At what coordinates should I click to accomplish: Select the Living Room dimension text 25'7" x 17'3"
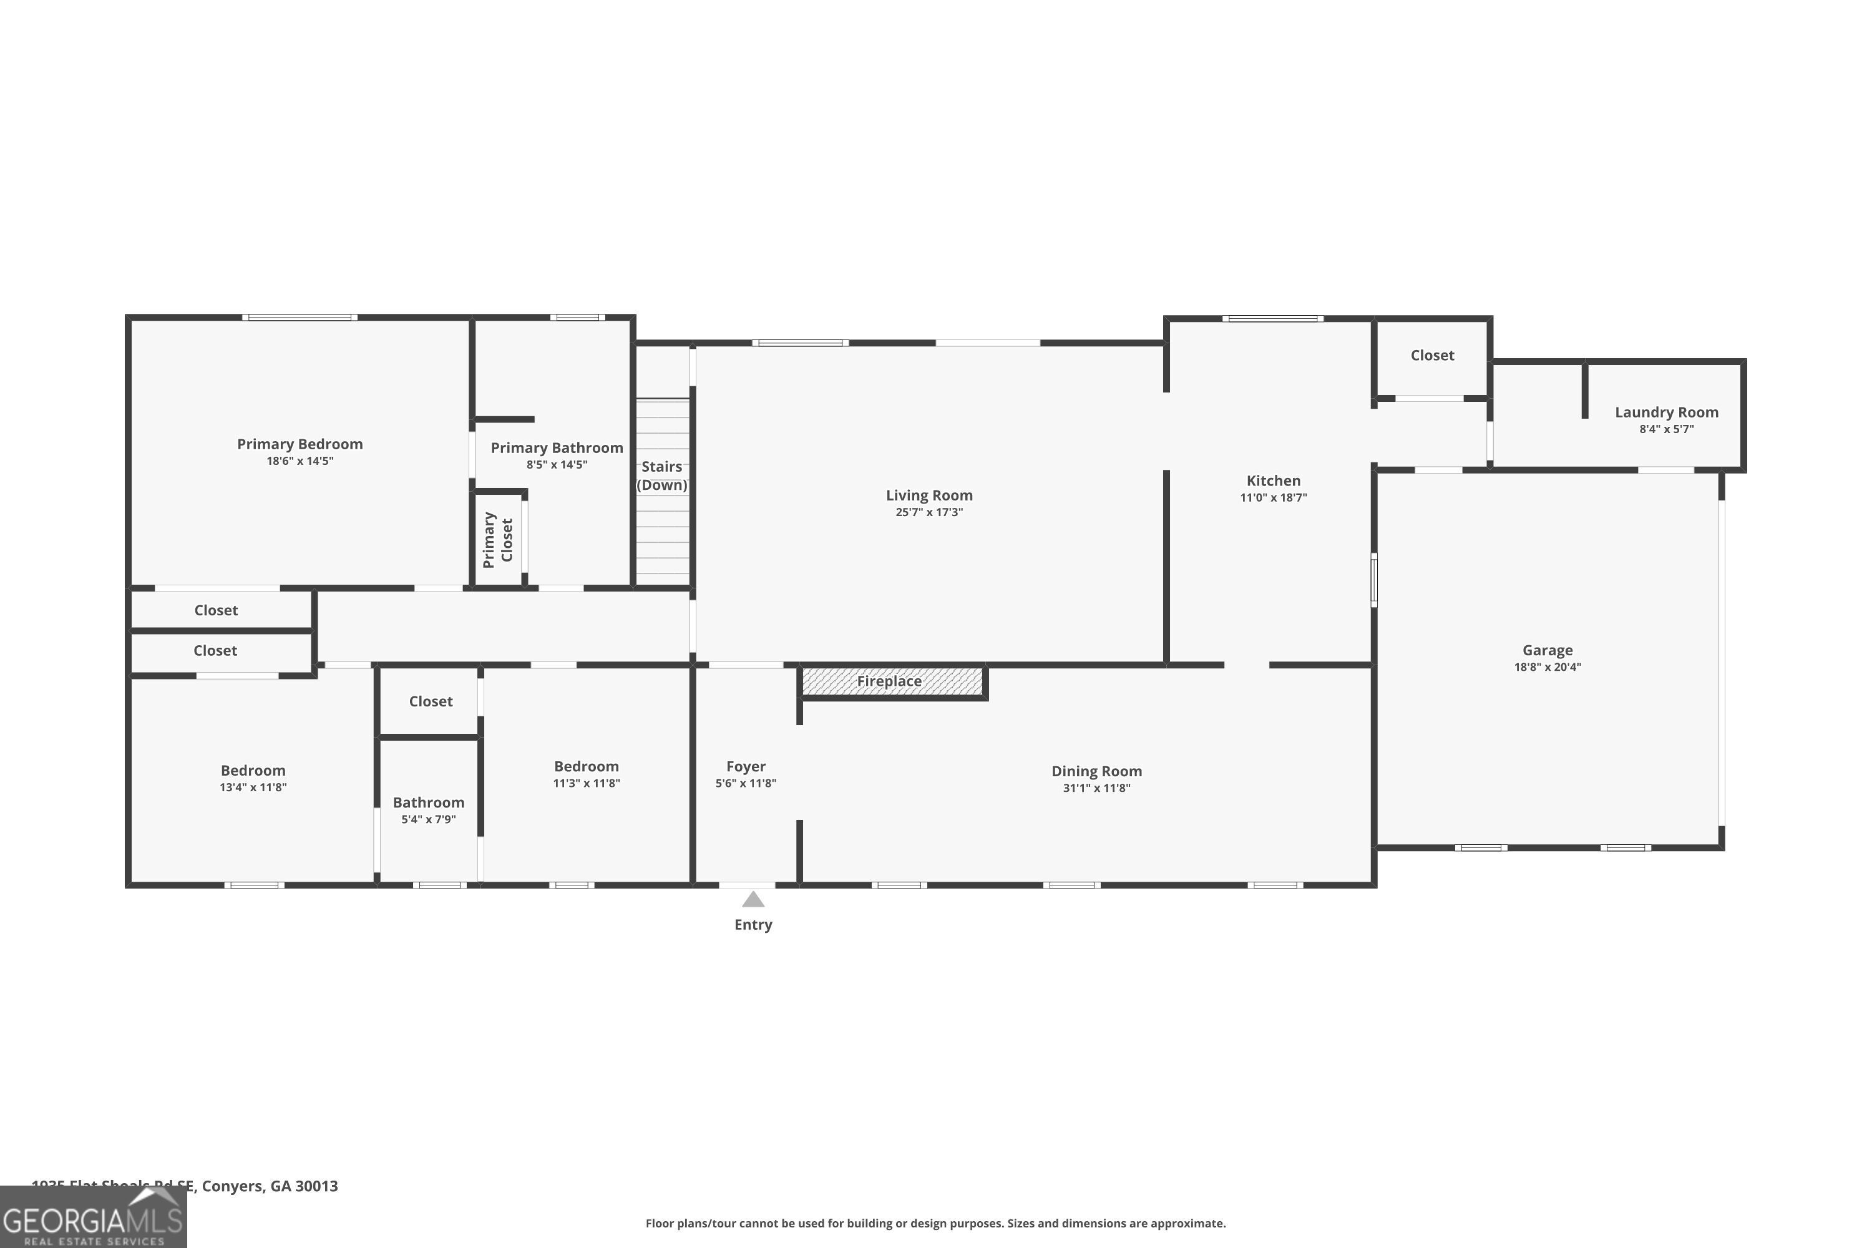pyautogui.click(x=929, y=512)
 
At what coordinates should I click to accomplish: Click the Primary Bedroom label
pyautogui.click(x=300, y=444)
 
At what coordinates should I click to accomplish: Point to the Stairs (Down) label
pyautogui.click(x=661, y=475)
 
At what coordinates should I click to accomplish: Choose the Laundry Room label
pyautogui.click(x=1666, y=412)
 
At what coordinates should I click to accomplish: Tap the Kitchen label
pyautogui.click(x=1273, y=480)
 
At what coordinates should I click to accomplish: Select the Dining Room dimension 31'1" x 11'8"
pyautogui.click(x=1096, y=788)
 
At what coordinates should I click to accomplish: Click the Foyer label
pyautogui.click(x=745, y=766)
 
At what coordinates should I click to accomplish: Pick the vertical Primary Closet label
pyautogui.click(x=497, y=540)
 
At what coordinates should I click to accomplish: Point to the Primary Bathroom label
pyautogui.click(x=557, y=448)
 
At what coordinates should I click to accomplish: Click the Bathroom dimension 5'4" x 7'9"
pyautogui.click(x=428, y=819)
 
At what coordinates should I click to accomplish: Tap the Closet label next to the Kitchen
pyautogui.click(x=1432, y=356)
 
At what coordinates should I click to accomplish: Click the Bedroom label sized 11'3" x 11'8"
pyautogui.click(x=586, y=766)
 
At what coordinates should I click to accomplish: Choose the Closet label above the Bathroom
pyautogui.click(x=431, y=701)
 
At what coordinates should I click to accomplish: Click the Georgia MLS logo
pyautogui.click(x=93, y=1219)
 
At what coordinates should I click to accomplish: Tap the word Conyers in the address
pyautogui.click(x=232, y=1186)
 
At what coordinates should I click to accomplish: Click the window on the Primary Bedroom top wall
pyautogui.click(x=300, y=318)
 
